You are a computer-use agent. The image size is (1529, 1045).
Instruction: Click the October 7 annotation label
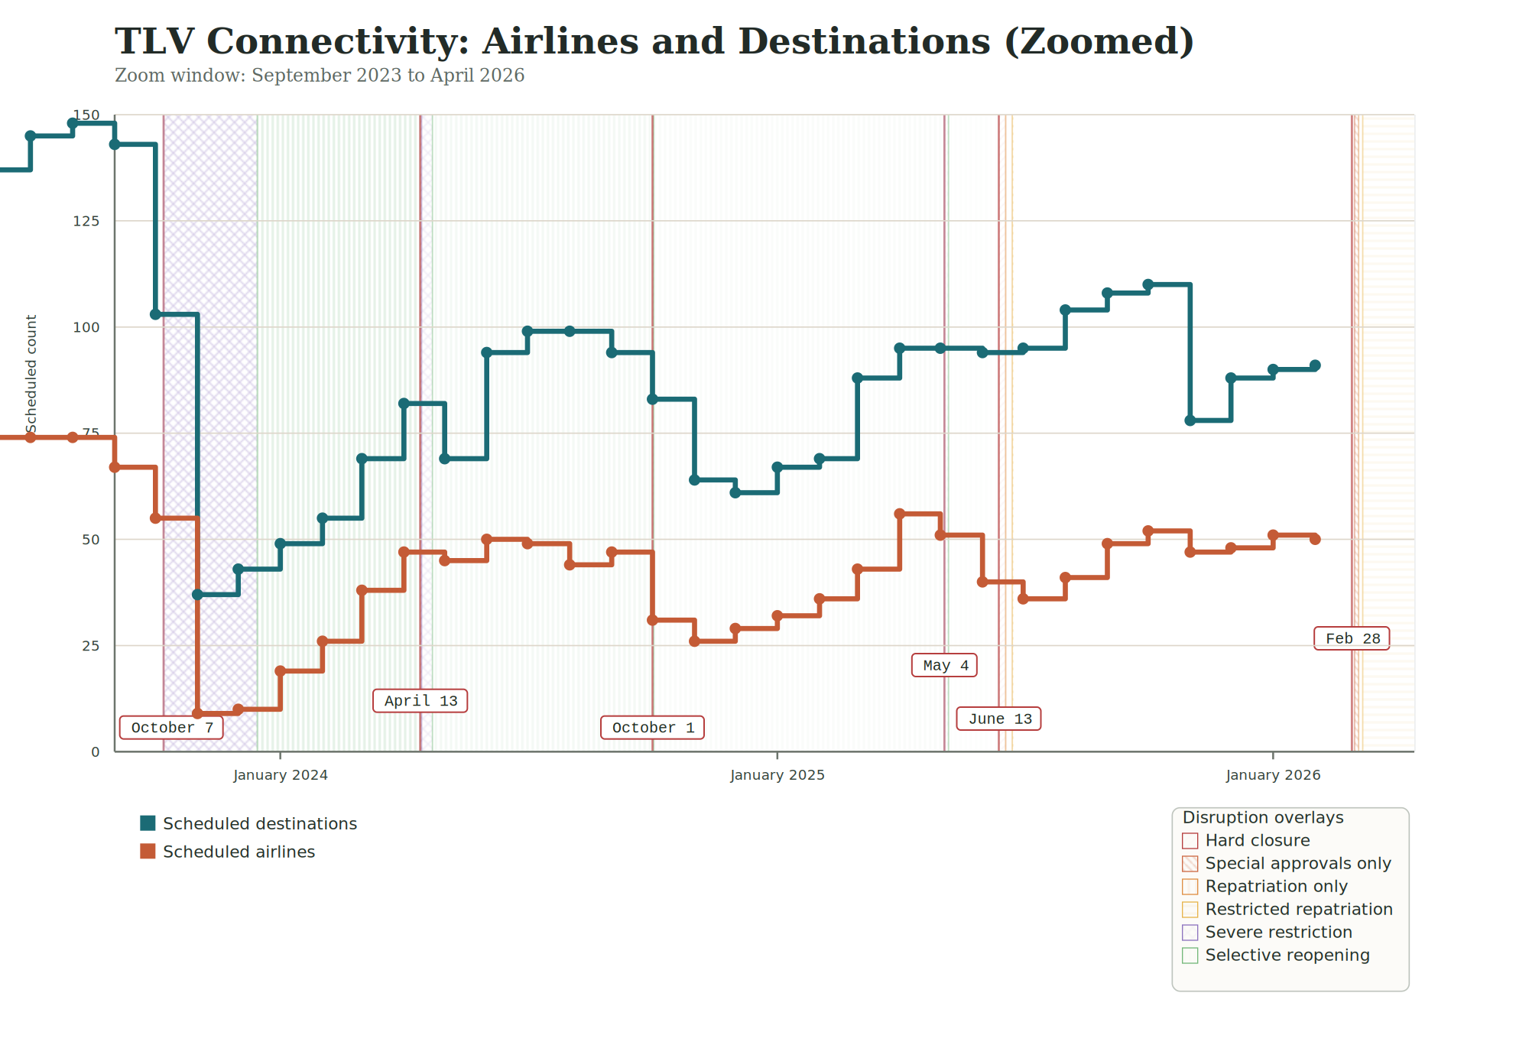pyautogui.click(x=171, y=728)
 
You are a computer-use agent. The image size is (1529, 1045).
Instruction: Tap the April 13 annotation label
pyautogui.click(x=420, y=701)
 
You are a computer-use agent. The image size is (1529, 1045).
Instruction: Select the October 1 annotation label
pyautogui.click(x=652, y=728)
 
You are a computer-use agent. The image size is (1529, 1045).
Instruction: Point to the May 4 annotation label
pyautogui.click(x=944, y=665)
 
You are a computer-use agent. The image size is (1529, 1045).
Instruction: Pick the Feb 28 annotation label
pyautogui.click(x=1352, y=638)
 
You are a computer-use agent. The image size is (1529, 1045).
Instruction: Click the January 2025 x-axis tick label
pyautogui.click(x=777, y=775)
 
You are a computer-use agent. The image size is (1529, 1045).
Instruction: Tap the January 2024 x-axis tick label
pyautogui.click(x=280, y=775)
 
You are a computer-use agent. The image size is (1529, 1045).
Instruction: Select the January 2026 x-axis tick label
pyautogui.click(x=1273, y=775)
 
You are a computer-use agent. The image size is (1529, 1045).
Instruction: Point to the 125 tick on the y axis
pyautogui.click(x=86, y=221)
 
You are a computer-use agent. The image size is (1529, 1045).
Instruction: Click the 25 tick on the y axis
pyautogui.click(x=90, y=646)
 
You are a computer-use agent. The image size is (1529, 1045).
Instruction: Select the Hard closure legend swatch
pyautogui.click(x=1190, y=841)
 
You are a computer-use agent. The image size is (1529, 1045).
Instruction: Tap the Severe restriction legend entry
pyautogui.click(x=1278, y=933)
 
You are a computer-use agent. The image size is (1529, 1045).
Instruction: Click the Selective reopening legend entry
pyautogui.click(x=1287, y=956)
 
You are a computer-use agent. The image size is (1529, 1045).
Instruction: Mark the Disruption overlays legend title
pyautogui.click(x=1262, y=818)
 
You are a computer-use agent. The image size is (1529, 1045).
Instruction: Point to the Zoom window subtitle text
pyautogui.click(x=319, y=76)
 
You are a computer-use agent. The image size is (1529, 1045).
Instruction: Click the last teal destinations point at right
pyautogui.click(x=1315, y=365)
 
